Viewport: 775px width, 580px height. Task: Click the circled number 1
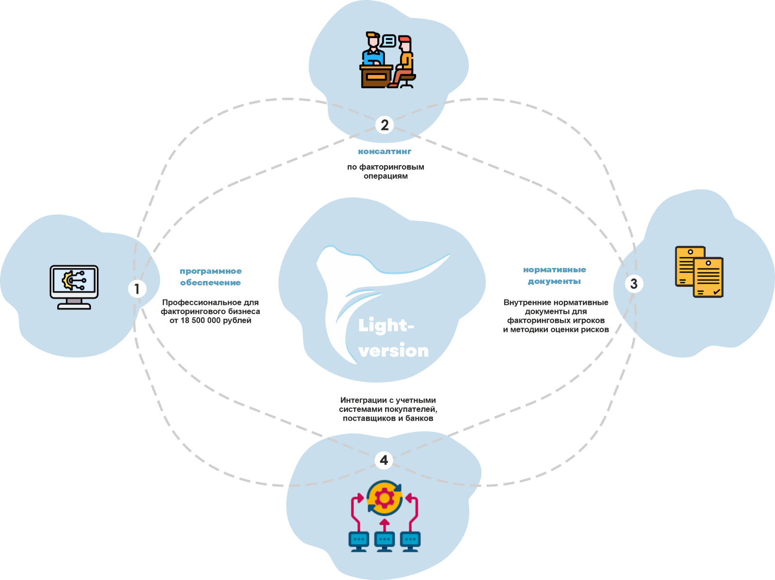coord(137,289)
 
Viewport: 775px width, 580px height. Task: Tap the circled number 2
coord(385,125)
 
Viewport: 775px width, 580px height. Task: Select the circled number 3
coord(634,283)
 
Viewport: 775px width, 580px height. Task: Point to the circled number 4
coord(384,460)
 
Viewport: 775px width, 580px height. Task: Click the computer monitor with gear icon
coord(74,286)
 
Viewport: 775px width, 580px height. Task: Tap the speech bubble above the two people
coord(388,41)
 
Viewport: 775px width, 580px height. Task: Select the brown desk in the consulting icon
coord(376,76)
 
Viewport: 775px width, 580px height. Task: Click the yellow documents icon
coord(699,271)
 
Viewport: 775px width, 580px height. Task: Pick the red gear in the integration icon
coord(385,498)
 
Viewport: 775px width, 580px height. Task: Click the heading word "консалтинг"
coord(385,152)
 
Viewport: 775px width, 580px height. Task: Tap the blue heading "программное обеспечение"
coord(211,277)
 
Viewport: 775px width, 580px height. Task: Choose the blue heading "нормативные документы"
coord(555,275)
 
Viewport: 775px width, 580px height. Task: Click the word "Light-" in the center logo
coord(386,326)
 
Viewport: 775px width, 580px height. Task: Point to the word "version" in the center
coord(394,350)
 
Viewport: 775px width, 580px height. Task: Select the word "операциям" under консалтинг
coord(386,176)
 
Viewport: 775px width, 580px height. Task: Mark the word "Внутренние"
coord(526,302)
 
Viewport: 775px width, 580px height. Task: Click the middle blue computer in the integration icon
coord(385,541)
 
